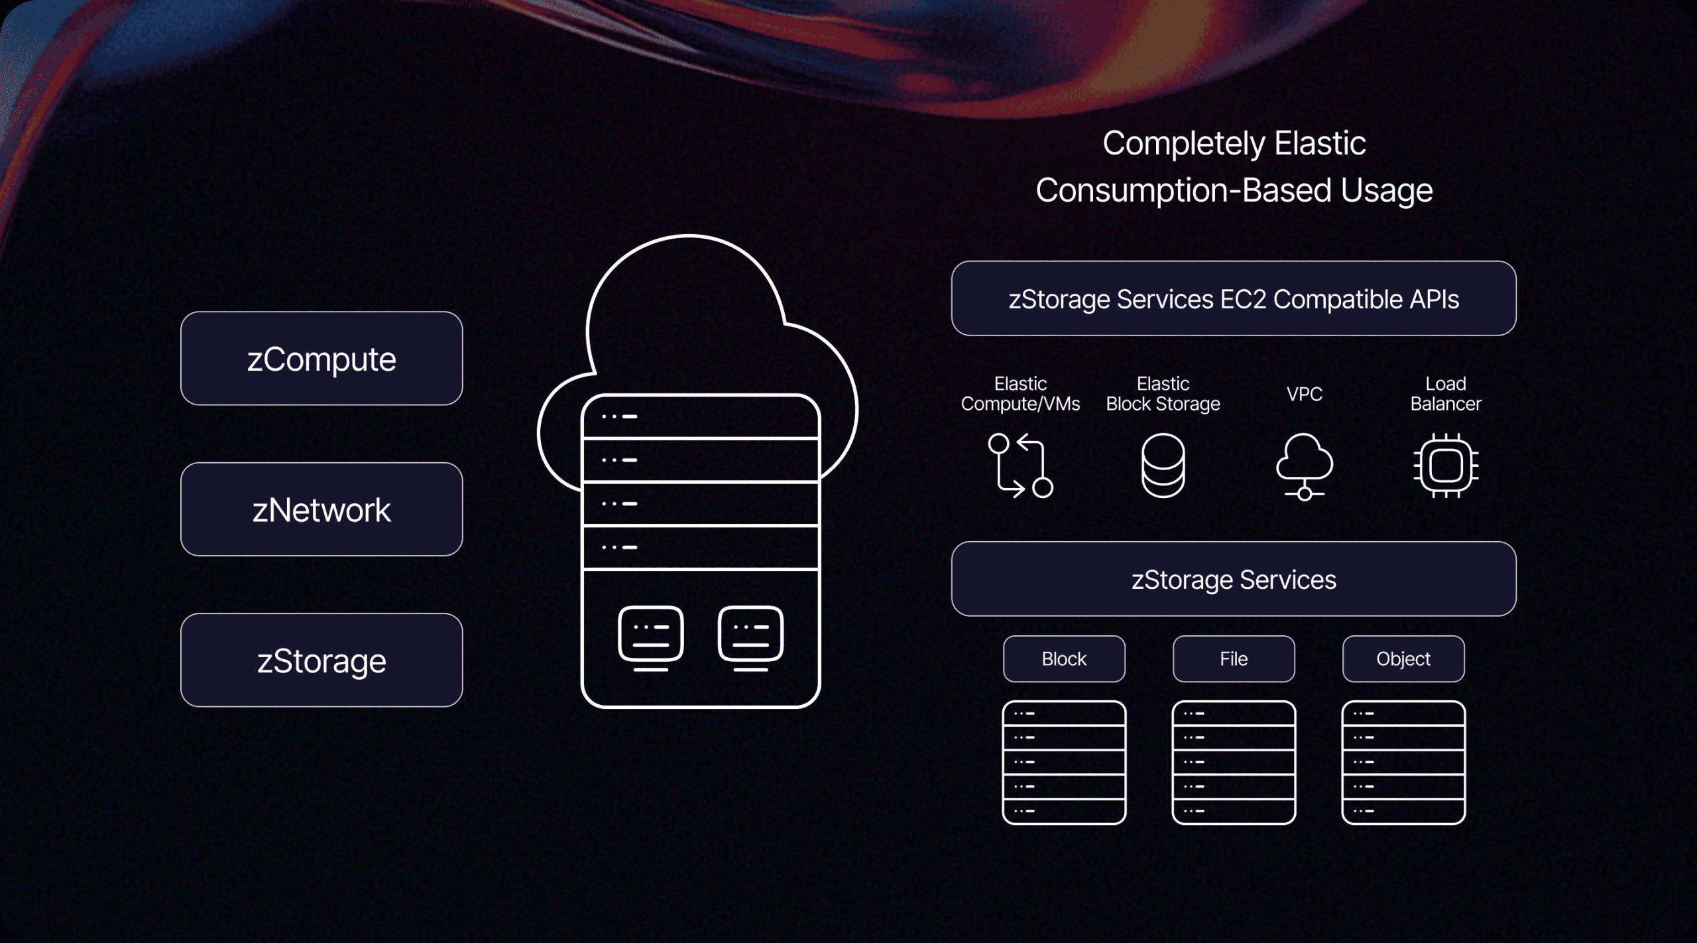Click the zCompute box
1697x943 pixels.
pos(322,359)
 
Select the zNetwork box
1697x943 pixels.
pos(322,509)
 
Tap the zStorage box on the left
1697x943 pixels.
pos(322,660)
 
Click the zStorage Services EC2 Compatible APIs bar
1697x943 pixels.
pos(1234,299)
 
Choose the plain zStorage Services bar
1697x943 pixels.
pos(1234,580)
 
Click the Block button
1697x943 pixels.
pos(1064,659)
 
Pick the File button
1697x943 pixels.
pos(1234,659)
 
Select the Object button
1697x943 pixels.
pos(1403,659)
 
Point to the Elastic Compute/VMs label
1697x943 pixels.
pos(1020,394)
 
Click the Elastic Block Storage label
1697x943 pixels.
pos(1163,394)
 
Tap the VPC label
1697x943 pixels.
pos(1304,395)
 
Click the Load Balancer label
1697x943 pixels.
pos(1446,394)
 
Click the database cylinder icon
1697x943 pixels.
pos(1163,466)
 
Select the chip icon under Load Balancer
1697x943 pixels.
pos(1446,466)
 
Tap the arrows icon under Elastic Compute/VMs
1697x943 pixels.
pos(1020,466)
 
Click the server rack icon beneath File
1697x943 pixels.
pos(1234,763)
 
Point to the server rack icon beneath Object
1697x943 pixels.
pos(1403,763)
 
